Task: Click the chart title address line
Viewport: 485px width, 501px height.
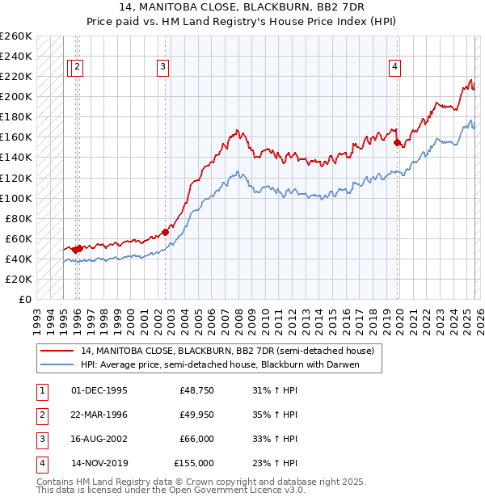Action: point(242,7)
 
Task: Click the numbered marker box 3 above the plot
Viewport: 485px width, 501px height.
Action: point(163,68)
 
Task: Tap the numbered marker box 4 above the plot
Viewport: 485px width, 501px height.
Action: point(394,68)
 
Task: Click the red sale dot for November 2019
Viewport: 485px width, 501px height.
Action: point(397,142)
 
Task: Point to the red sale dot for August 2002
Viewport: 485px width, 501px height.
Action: point(165,232)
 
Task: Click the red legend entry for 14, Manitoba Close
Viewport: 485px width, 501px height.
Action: point(226,352)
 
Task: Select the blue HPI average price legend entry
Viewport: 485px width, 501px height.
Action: point(219,364)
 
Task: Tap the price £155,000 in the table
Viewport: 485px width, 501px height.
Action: point(194,463)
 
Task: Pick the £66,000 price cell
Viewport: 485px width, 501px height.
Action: point(196,439)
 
